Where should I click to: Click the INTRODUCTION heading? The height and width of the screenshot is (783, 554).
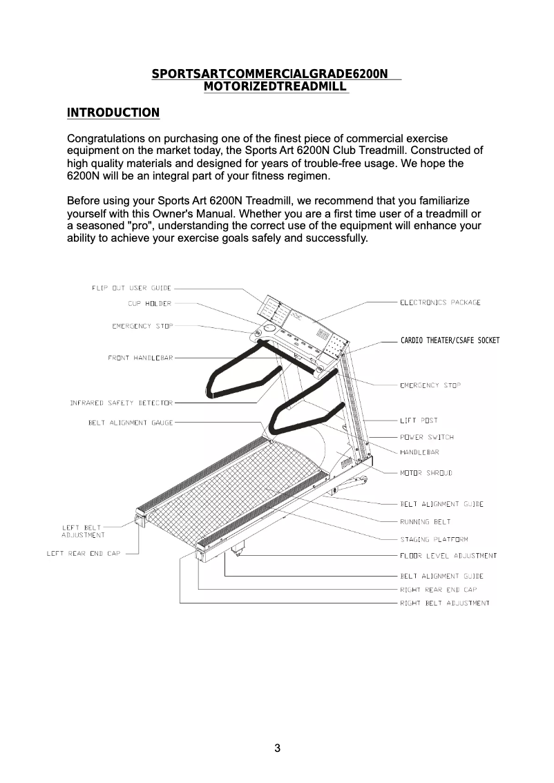click(113, 113)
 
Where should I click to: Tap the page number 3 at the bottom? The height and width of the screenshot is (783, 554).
click(277, 748)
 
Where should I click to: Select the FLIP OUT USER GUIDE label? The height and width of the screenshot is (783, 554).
click(131, 288)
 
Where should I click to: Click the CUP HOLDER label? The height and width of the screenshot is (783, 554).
click(149, 303)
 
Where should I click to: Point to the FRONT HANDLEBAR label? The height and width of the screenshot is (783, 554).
click(140, 358)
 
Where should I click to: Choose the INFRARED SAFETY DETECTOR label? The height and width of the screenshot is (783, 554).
click(121, 403)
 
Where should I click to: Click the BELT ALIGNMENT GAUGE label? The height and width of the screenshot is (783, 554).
click(131, 422)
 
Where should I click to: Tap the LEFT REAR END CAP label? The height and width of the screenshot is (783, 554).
click(83, 553)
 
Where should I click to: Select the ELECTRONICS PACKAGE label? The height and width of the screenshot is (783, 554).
click(440, 302)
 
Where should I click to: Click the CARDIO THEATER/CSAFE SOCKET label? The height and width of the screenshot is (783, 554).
click(450, 340)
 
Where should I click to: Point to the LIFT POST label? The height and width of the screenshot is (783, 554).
click(419, 420)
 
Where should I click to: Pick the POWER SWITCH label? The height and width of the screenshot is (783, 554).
click(427, 437)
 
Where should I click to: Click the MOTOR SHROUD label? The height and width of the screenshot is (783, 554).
click(426, 473)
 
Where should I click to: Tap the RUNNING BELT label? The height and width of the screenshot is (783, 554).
click(426, 522)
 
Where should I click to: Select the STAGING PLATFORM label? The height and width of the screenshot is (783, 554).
click(434, 539)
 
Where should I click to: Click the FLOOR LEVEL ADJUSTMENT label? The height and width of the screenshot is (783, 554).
click(448, 556)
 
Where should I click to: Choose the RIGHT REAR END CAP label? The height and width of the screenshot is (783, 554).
click(438, 590)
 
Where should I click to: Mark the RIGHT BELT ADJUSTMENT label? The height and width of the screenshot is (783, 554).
click(445, 603)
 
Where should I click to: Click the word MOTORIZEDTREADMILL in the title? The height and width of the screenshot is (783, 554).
click(275, 86)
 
